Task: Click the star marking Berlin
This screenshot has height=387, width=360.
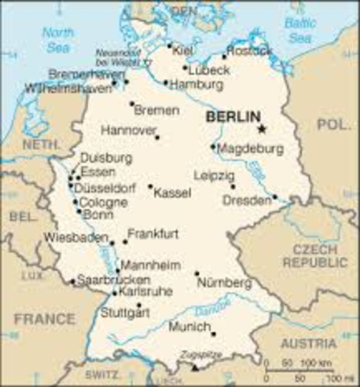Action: [x=261, y=128]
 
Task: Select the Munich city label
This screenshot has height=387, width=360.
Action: [x=188, y=327]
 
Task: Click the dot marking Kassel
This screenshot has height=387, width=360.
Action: [x=151, y=186]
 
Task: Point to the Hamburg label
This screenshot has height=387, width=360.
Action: [x=197, y=83]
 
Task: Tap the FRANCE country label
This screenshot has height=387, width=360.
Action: [x=43, y=319]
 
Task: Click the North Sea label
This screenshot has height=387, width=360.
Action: [x=57, y=40]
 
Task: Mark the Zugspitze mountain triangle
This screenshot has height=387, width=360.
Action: [x=194, y=367]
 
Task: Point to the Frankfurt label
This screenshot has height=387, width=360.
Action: [x=153, y=234]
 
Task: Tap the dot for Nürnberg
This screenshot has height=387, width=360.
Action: [x=197, y=273]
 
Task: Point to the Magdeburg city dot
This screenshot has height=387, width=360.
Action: [x=213, y=147]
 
